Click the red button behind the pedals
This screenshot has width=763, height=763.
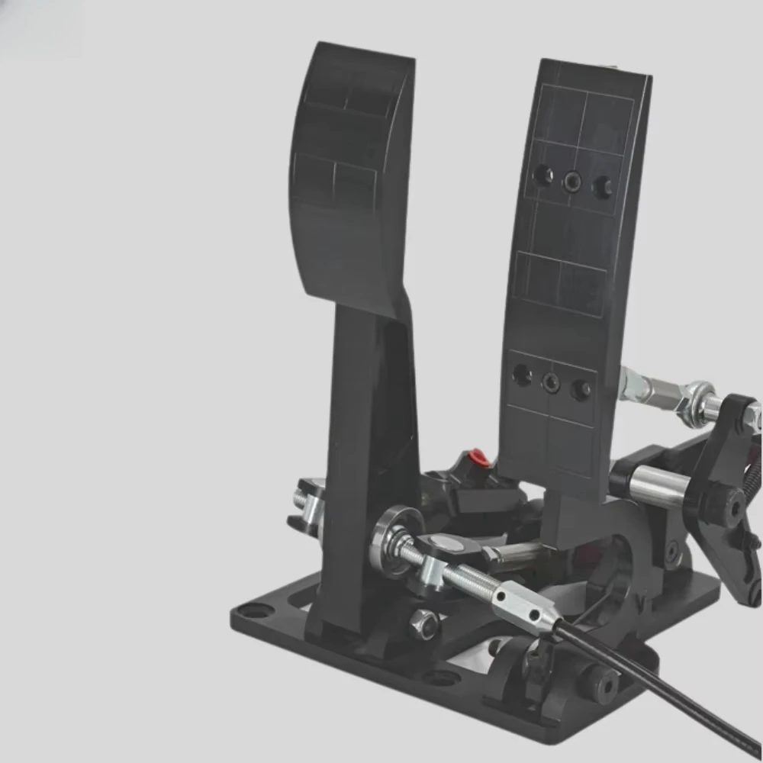pyautogui.click(x=478, y=457)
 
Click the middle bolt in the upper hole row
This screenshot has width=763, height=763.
pyautogui.click(x=571, y=181)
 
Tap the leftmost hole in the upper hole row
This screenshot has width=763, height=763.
pyautogui.click(x=542, y=175)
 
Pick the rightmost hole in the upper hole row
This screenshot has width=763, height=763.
pyautogui.click(x=602, y=187)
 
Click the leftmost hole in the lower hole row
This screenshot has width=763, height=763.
pyautogui.click(x=522, y=374)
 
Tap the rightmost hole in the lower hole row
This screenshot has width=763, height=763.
pyautogui.click(x=581, y=389)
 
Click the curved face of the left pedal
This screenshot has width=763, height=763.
pyautogui.click(x=347, y=175)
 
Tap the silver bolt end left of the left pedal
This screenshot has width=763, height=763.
pyautogui.click(x=299, y=500)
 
